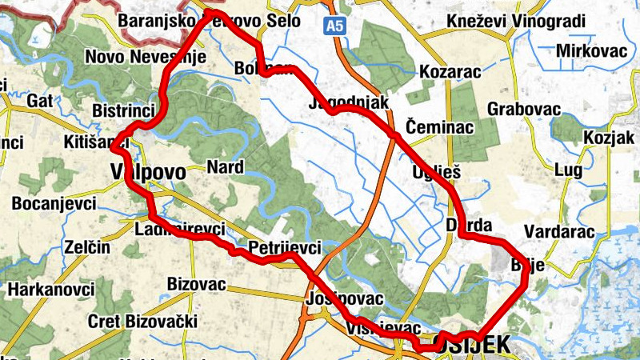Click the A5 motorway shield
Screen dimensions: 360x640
(335, 26)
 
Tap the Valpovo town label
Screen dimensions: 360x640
(146, 172)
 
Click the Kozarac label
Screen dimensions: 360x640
(450, 72)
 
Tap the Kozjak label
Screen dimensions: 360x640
(610, 137)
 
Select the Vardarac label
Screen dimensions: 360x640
(559, 232)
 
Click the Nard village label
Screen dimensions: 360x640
(224, 167)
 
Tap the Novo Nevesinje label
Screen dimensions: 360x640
(146, 57)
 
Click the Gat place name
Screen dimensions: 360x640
(39, 101)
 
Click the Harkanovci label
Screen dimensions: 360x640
(48, 288)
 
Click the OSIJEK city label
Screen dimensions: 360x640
(476, 345)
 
